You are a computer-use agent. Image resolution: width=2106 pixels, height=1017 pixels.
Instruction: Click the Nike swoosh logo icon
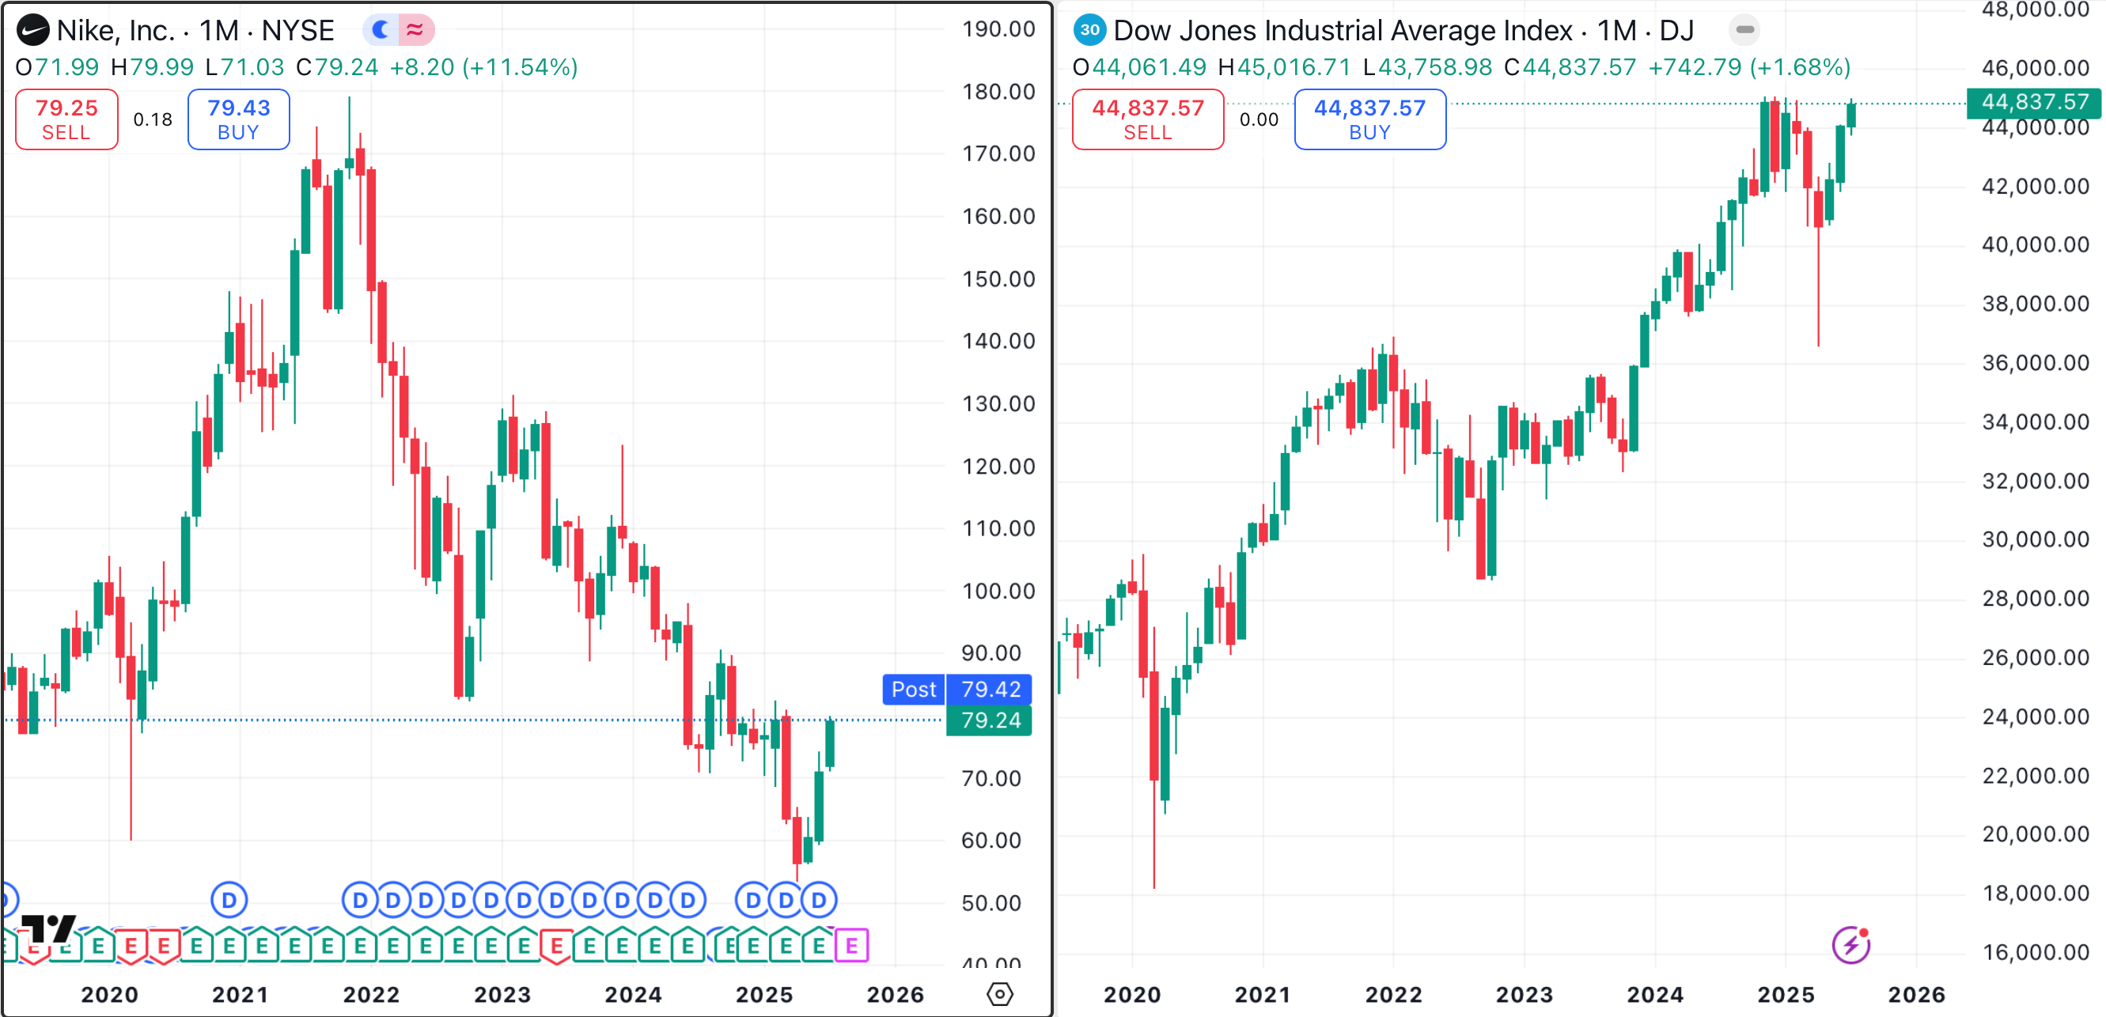click(x=32, y=31)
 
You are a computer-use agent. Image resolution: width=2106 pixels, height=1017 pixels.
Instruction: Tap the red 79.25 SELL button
click(x=66, y=119)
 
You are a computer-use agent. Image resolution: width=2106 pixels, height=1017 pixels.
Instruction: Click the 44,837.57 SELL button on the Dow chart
click(x=1147, y=119)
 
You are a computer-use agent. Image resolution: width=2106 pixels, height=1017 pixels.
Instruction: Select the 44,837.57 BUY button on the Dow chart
click(x=1369, y=119)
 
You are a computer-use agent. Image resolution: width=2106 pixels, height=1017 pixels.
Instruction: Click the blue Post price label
click(x=913, y=689)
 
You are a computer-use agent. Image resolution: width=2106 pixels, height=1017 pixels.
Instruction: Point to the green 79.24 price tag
click(x=989, y=720)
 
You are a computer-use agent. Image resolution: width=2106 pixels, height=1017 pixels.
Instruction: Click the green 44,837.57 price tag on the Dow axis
click(x=2034, y=102)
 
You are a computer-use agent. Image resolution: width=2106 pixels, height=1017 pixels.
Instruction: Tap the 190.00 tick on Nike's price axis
click(x=998, y=29)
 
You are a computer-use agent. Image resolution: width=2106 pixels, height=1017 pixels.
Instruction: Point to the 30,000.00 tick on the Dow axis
click(x=2035, y=539)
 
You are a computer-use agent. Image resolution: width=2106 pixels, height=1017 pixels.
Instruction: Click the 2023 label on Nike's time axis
click(x=502, y=994)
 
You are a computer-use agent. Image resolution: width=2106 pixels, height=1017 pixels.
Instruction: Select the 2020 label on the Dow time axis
click(x=1131, y=994)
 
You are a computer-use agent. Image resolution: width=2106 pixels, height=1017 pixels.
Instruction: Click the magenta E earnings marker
click(x=851, y=946)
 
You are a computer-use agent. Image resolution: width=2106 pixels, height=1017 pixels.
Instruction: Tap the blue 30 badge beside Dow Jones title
click(x=1089, y=30)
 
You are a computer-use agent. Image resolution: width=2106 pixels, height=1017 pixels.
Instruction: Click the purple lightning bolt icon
click(x=1851, y=946)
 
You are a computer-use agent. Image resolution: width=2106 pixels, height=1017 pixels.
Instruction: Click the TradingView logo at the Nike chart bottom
click(x=47, y=928)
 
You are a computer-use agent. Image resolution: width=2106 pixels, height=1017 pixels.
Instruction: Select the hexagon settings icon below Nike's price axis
click(x=999, y=994)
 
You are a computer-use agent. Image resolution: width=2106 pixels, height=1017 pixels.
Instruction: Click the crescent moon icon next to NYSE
click(x=381, y=30)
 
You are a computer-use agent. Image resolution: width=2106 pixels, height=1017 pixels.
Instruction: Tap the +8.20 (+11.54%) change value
click(x=483, y=67)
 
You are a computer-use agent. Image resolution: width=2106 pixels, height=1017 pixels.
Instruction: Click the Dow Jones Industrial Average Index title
click(x=1343, y=31)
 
